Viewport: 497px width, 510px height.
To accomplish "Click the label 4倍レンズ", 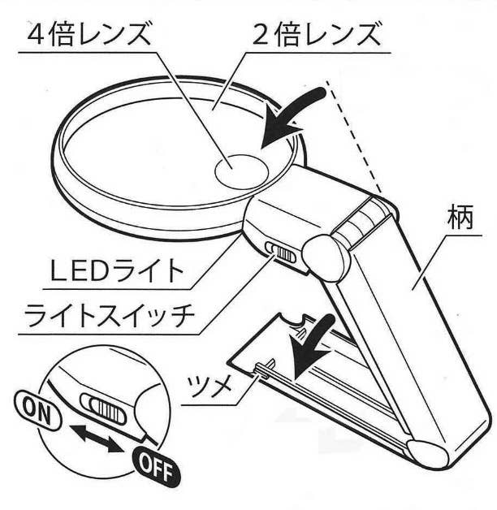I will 89,35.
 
